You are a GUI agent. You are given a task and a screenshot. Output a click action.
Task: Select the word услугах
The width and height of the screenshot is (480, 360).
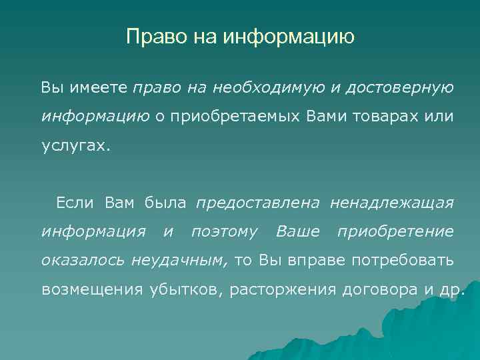point(74,146)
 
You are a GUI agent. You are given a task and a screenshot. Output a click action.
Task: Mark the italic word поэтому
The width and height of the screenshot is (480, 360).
point(224,231)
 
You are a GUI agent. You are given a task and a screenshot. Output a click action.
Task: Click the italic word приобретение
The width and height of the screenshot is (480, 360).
point(395,231)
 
